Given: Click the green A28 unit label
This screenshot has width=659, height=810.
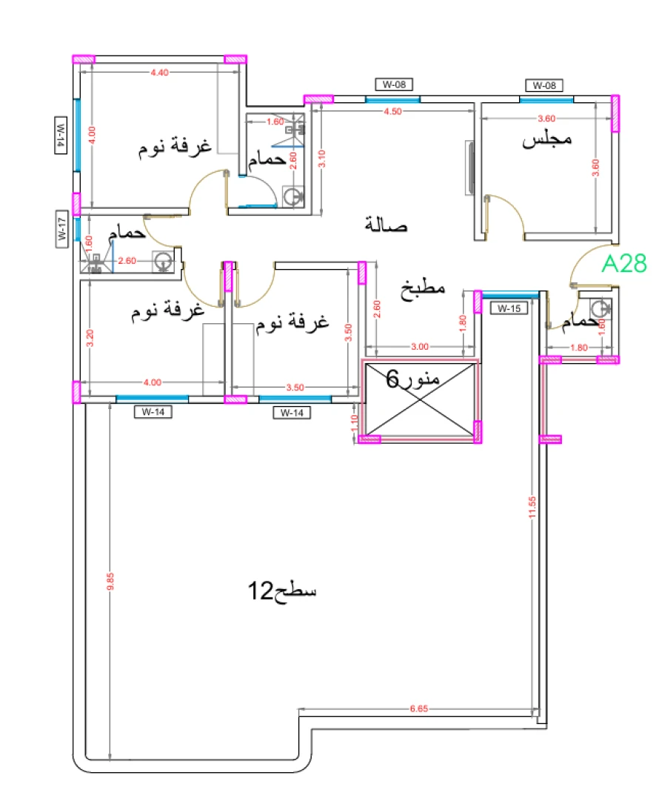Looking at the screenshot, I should pyautogui.click(x=624, y=264).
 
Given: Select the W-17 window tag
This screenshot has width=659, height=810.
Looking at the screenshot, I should pyautogui.click(x=62, y=228).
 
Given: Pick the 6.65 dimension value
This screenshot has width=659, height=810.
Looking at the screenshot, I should pyautogui.click(x=420, y=709).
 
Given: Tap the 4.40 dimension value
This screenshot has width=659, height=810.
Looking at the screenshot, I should pyautogui.click(x=159, y=73).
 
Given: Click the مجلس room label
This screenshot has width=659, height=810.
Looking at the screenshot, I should pyautogui.click(x=548, y=140).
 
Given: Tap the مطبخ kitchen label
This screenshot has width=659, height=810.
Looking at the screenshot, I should pyautogui.click(x=423, y=288).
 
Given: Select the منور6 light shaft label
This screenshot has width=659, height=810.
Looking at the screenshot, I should pyautogui.click(x=413, y=380).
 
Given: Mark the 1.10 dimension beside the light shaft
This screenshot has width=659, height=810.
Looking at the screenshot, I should pyautogui.click(x=354, y=423).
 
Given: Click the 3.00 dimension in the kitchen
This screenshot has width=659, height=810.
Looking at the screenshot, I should pyautogui.click(x=419, y=346).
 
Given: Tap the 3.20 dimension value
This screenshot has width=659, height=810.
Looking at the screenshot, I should pyautogui.click(x=90, y=338).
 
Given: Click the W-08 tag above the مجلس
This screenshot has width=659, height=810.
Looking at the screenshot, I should pyautogui.click(x=544, y=85).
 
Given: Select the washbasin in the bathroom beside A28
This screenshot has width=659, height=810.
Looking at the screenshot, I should pyautogui.click(x=602, y=308).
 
